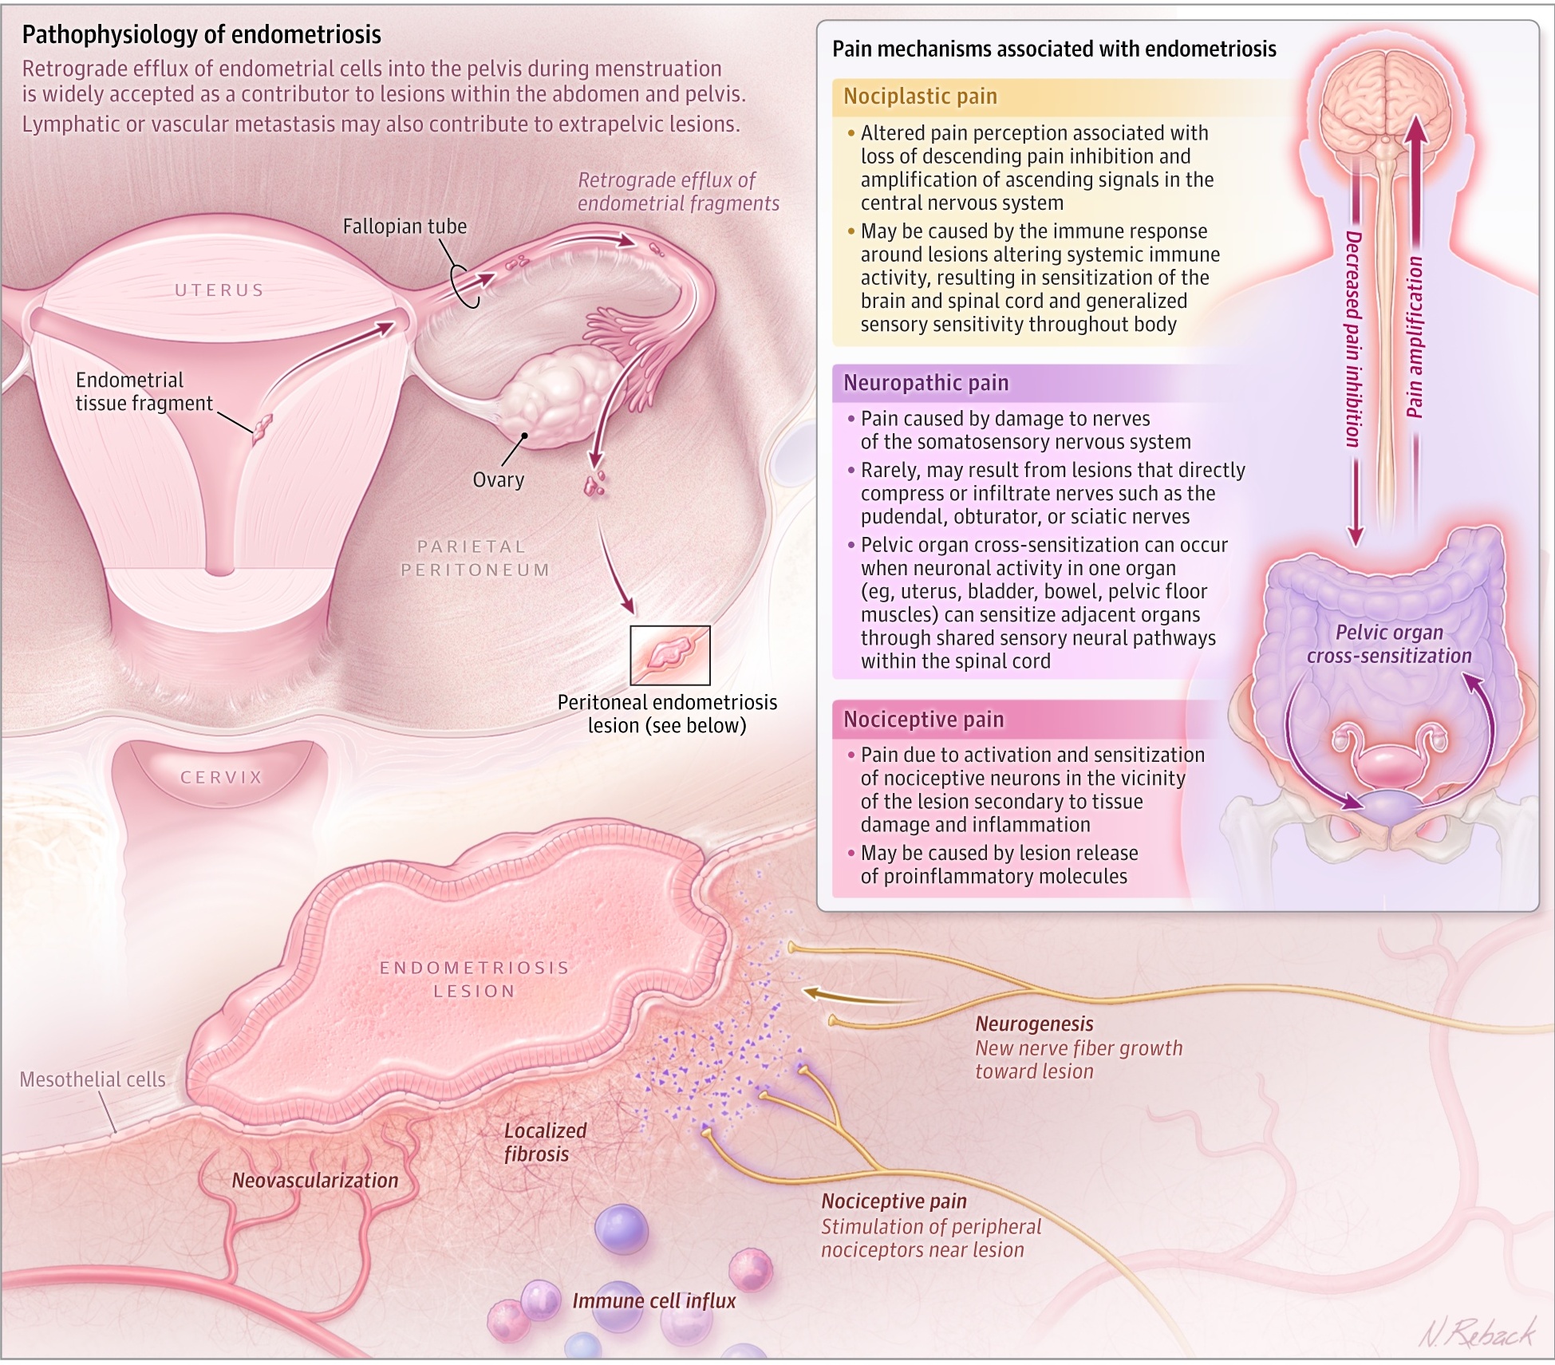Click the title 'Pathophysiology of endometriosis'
pyautogui.click(x=201, y=34)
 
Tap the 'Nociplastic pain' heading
pyautogui.click(x=920, y=97)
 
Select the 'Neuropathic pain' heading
pyautogui.click(x=926, y=383)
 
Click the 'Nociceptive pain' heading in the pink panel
pyautogui.click(x=924, y=720)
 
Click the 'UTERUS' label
pyautogui.click(x=219, y=290)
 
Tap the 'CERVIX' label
pyautogui.click(x=221, y=777)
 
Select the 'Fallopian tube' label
pyautogui.click(x=405, y=227)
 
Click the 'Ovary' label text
pyautogui.click(x=498, y=479)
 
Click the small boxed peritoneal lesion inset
pyautogui.click(x=669, y=655)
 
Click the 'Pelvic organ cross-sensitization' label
pyautogui.click(x=1388, y=644)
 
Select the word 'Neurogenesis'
pyautogui.click(x=1034, y=1024)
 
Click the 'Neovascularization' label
pyautogui.click(x=314, y=1180)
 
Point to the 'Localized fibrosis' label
pyautogui.click(x=544, y=1142)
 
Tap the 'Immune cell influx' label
pyautogui.click(x=653, y=1300)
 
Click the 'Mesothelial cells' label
pyautogui.click(x=93, y=1079)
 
